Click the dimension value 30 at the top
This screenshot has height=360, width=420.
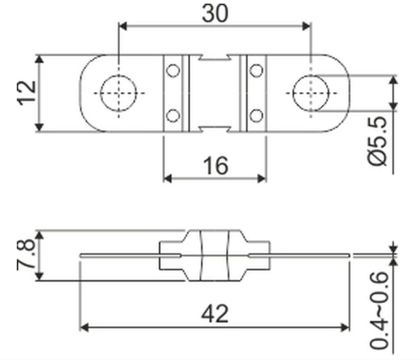(215, 14)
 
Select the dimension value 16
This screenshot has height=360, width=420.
(216, 165)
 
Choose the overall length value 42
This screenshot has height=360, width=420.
(215, 314)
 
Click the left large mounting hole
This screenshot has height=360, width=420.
(118, 93)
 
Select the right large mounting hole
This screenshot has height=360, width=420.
(311, 93)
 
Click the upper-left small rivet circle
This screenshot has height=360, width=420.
(173, 70)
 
